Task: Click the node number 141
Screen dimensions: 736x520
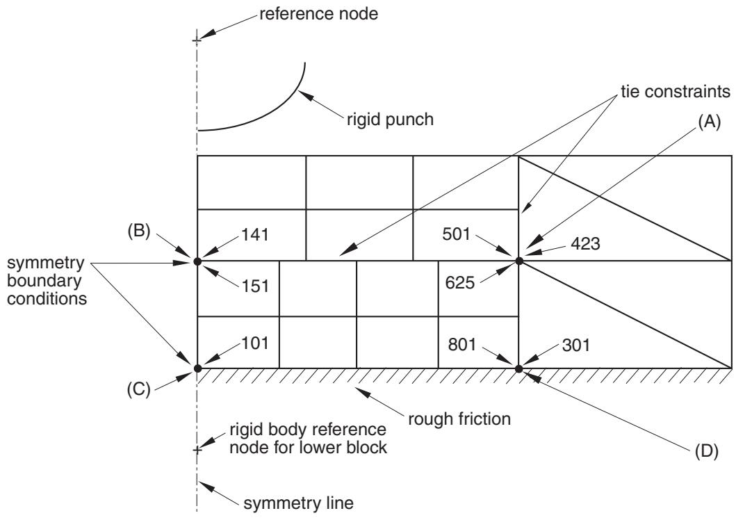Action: (x=255, y=234)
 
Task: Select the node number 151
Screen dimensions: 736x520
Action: (x=255, y=286)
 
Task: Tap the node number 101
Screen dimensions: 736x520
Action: (x=255, y=343)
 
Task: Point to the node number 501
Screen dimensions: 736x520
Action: (x=456, y=234)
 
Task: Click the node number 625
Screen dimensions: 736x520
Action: (x=460, y=282)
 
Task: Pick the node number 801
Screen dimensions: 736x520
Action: (x=462, y=345)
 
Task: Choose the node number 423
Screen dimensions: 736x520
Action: (x=585, y=243)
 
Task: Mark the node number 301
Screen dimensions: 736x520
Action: (x=576, y=345)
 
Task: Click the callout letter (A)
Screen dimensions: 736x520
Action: (x=709, y=122)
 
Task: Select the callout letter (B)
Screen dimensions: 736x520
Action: (x=138, y=231)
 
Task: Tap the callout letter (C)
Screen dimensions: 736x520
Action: (x=138, y=389)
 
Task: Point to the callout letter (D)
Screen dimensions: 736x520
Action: (x=706, y=451)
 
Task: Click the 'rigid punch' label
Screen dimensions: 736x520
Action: (x=390, y=120)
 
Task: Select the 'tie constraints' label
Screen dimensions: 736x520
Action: (x=676, y=92)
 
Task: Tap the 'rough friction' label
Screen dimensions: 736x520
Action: (x=459, y=419)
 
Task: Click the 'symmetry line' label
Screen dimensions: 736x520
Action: (x=298, y=503)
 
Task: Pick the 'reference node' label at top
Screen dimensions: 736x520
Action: (x=319, y=14)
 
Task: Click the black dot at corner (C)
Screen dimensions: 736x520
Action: (x=197, y=368)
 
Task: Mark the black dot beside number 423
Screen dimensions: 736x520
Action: (x=518, y=261)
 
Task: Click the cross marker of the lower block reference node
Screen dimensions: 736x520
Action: (x=197, y=450)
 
